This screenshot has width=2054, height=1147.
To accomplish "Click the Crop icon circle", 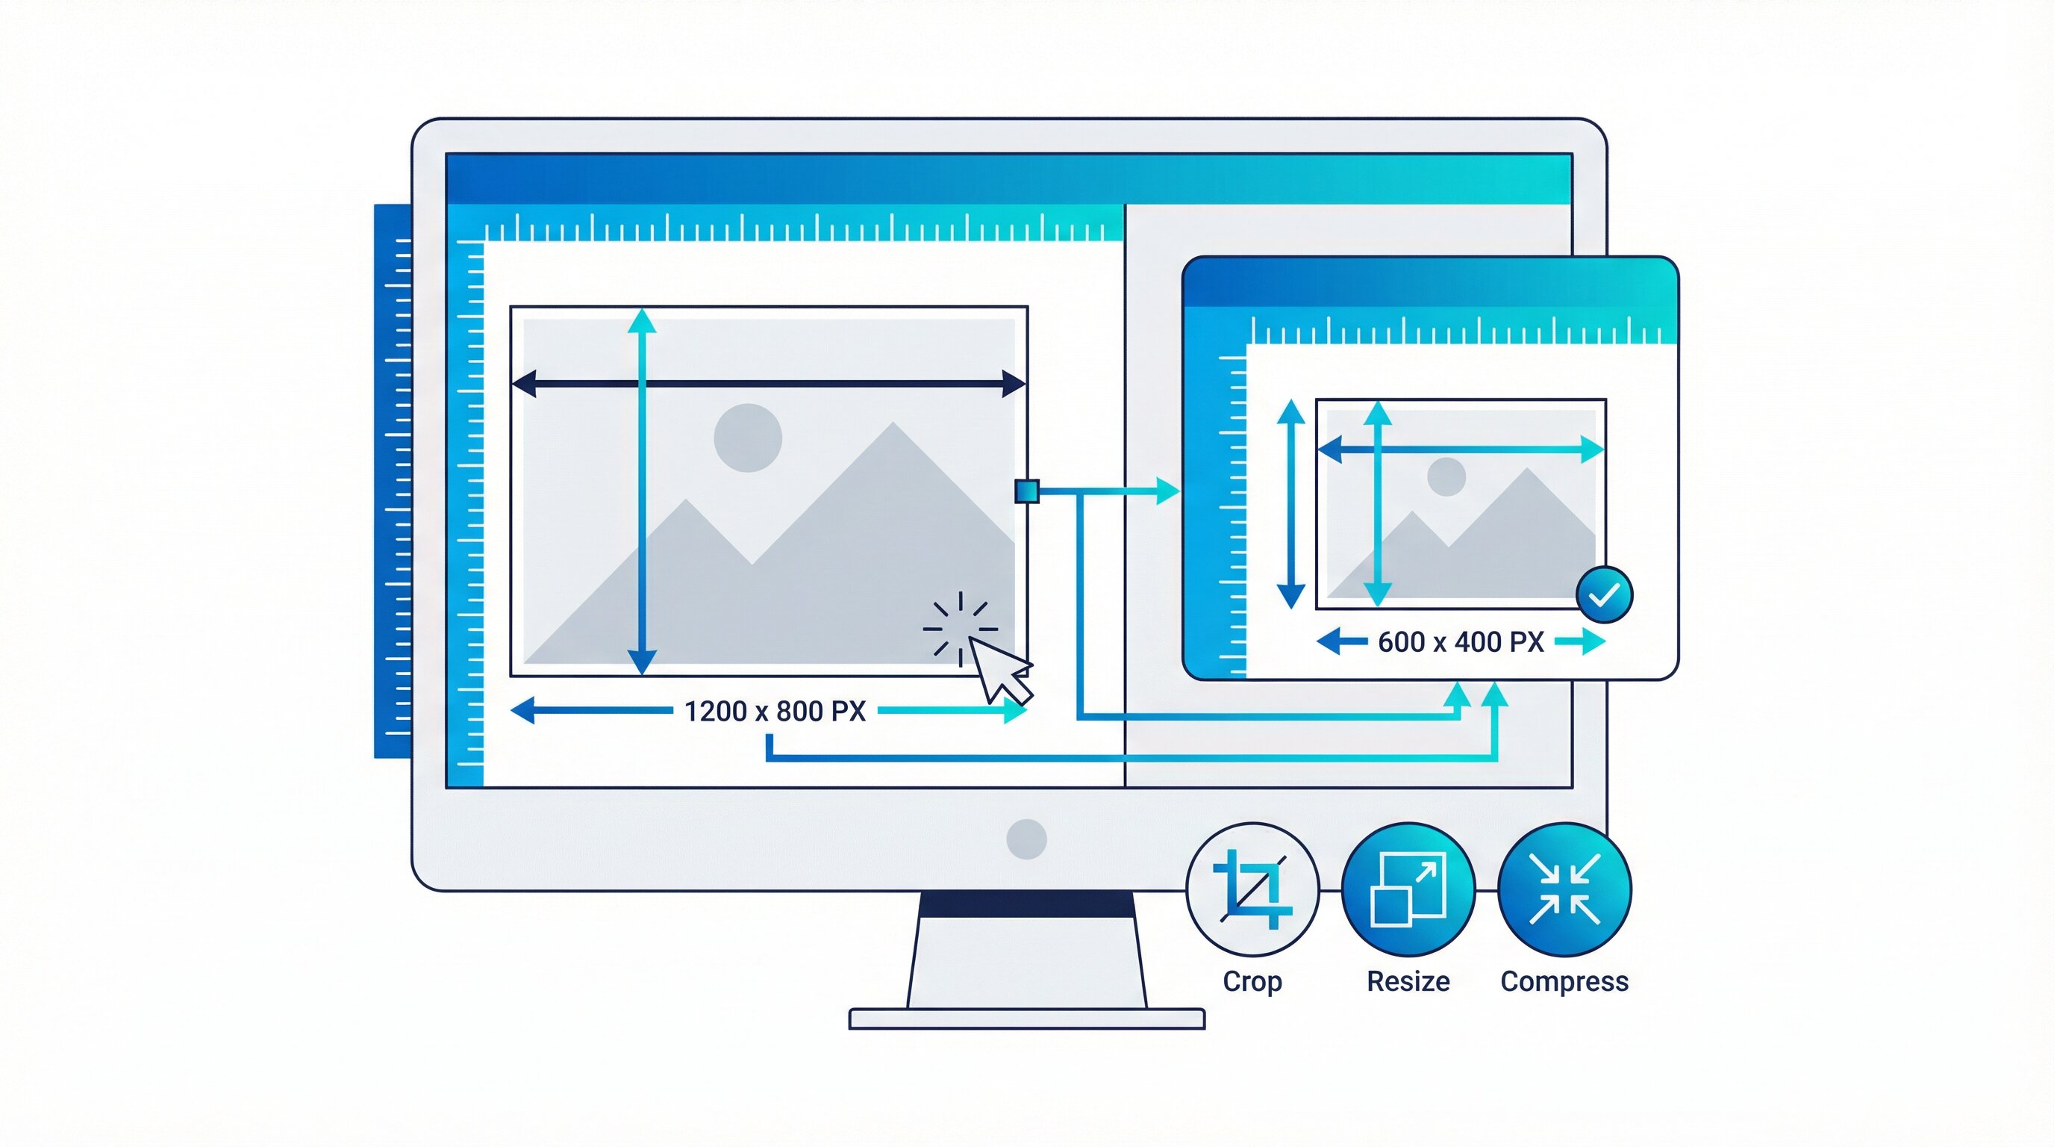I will point(1252,889).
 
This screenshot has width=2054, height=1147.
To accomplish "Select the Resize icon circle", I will point(1408,889).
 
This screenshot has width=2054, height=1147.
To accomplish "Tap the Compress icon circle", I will point(1564,889).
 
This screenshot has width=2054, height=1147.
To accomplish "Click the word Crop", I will point(1252,981).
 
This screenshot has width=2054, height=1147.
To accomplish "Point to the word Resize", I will point(1408,981).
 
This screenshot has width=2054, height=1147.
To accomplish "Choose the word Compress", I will point(1564,981).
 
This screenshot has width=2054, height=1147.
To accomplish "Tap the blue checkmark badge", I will point(1604,595).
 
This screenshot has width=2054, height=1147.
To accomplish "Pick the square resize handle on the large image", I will point(1026,491).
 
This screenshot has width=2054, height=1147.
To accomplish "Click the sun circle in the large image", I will point(747,437).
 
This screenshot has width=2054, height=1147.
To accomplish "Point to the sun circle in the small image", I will point(1446,477).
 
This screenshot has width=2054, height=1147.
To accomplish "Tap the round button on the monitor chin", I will point(1026,839).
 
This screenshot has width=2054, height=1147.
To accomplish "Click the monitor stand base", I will point(1026,1019).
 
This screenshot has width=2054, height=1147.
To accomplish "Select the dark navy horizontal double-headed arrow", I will point(768,384).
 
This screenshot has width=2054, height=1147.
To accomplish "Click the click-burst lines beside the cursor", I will point(959,626).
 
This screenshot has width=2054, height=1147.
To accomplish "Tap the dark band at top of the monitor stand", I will point(1026,904).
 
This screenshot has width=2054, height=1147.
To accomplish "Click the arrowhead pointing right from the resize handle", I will point(1167,491).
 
